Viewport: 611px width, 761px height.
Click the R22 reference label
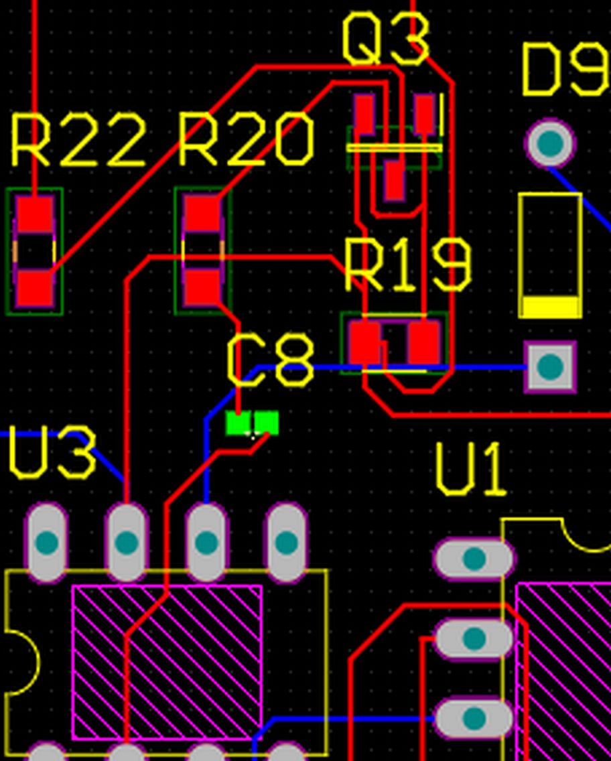[x=78, y=141]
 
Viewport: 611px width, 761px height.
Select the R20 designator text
[x=246, y=141]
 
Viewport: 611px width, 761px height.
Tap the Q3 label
[x=385, y=40]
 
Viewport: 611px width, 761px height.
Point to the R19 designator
[x=407, y=265]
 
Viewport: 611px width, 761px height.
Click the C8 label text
[x=271, y=362]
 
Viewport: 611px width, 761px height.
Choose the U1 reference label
[x=470, y=470]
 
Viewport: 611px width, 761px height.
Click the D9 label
[x=564, y=70]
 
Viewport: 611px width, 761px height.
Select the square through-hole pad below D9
[x=550, y=366]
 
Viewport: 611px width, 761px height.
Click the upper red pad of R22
[x=35, y=213]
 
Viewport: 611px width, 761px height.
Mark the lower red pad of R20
[x=202, y=287]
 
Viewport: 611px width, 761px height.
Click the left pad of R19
[x=365, y=342]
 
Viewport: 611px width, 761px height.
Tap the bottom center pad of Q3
[x=394, y=181]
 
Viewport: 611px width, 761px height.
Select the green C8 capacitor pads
[x=253, y=423]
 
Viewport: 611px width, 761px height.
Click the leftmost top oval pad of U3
[x=46, y=543]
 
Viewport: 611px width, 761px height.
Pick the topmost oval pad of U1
[x=474, y=559]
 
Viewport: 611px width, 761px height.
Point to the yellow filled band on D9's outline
[x=550, y=307]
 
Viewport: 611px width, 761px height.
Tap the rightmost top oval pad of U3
[x=287, y=543]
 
